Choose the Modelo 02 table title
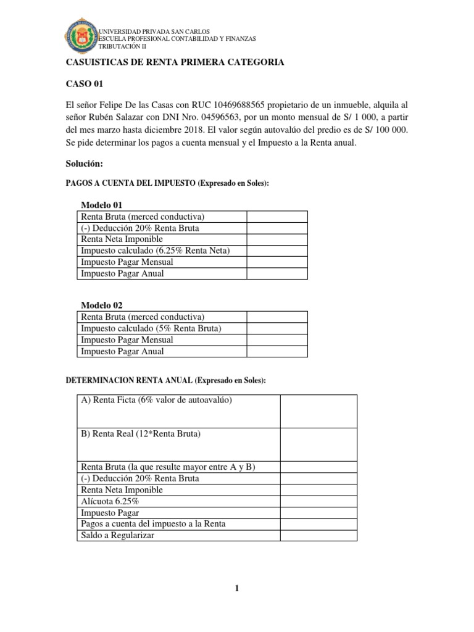tap(102, 306)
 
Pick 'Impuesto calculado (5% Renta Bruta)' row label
tap(151, 328)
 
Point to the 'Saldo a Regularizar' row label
tap(118, 535)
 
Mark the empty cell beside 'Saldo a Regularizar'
tap(318, 535)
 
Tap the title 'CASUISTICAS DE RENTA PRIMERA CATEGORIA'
tap(175, 62)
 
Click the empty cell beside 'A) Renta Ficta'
tap(318, 412)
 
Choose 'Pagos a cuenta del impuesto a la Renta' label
tap(153, 524)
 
